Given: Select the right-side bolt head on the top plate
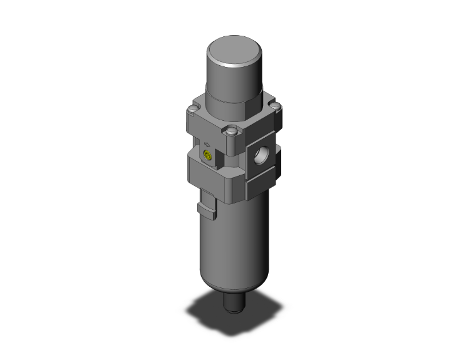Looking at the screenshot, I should (x=271, y=102).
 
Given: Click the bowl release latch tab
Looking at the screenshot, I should (x=206, y=206).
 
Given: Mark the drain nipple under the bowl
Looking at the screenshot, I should (x=234, y=304).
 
